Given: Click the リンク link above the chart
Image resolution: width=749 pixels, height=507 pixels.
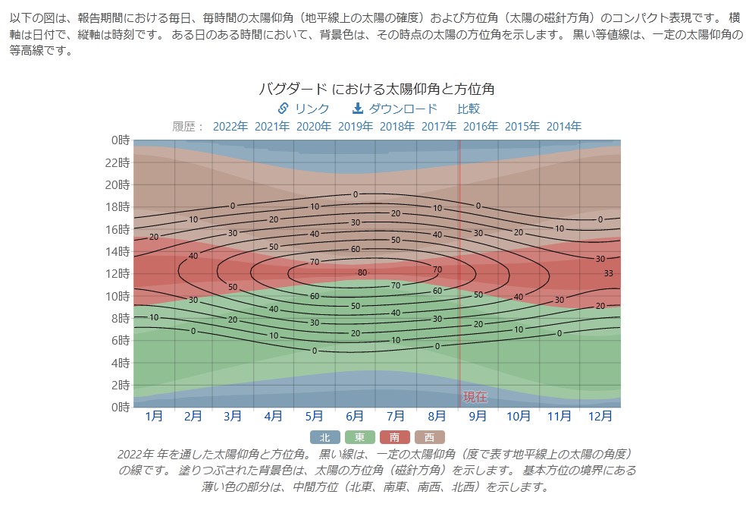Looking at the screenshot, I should [x=304, y=109].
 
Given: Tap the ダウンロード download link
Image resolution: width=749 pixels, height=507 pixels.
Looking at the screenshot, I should [x=395, y=109].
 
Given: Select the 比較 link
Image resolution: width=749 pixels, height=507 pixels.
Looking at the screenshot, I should [x=469, y=109].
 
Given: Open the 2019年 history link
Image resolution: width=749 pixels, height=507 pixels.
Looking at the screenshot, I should [x=356, y=127].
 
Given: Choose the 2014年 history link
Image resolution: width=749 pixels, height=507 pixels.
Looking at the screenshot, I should [x=564, y=127].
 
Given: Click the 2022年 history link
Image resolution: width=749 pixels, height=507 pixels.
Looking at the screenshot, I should [x=230, y=127].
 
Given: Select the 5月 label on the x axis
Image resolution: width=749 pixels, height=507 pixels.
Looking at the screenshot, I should [x=314, y=416].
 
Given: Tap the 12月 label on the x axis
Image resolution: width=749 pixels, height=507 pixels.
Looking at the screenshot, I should [x=600, y=416].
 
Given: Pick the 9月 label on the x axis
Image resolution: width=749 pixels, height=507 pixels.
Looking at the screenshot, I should [x=478, y=416].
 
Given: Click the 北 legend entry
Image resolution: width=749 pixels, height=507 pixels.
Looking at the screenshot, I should [x=324, y=437].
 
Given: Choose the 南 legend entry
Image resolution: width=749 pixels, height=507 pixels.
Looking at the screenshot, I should [x=394, y=437].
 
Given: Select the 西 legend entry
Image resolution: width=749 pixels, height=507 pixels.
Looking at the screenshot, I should [x=430, y=437].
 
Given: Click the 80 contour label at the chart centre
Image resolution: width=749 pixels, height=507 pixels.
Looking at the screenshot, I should [x=362, y=273].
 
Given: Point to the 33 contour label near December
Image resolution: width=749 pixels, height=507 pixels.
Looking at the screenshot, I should [x=608, y=273].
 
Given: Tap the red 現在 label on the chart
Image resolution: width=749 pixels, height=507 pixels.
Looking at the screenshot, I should [x=475, y=397].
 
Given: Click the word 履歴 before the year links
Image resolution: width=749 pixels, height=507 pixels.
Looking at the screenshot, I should [x=186, y=127].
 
